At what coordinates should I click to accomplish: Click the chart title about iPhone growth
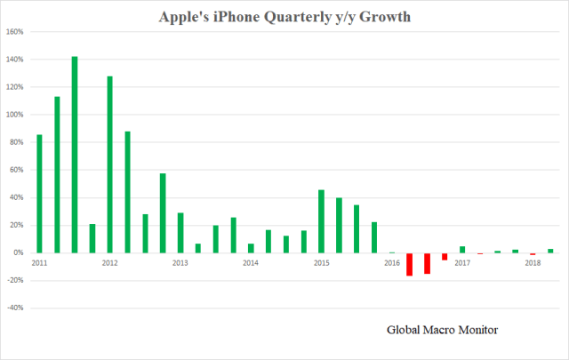click(x=284, y=17)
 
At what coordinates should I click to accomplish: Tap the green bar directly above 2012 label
click(x=110, y=164)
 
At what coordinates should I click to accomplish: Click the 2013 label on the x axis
click(x=180, y=263)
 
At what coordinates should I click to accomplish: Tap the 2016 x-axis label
click(x=391, y=263)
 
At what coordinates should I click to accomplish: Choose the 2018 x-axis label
click(x=533, y=263)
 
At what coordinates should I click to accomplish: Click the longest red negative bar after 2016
click(x=410, y=264)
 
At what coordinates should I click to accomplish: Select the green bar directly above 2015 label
click(x=322, y=221)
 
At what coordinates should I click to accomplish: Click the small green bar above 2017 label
click(x=462, y=250)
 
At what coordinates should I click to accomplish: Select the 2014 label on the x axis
click(x=251, y=263)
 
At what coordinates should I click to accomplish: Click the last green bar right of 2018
click(x=550, y=251)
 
